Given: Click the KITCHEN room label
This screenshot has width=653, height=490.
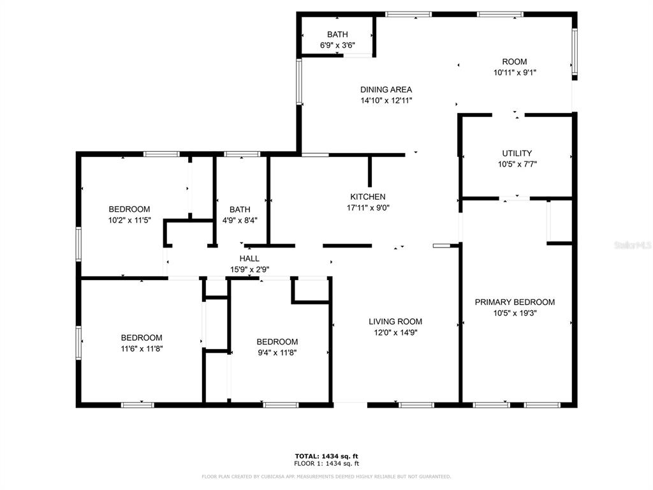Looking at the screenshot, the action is (x=368, y=197).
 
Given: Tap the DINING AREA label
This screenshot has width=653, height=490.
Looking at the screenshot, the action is (x=386, y=89).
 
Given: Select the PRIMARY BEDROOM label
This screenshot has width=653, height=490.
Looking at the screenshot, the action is (x=515, y=302).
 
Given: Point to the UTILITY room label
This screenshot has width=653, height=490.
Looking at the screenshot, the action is (x=517, y=153).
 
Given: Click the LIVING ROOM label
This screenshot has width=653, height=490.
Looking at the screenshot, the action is (x=395, y=322).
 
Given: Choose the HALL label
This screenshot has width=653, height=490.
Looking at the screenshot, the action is (x=249, y=259).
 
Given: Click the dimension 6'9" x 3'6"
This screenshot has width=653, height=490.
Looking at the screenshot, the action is (x=337, y=45).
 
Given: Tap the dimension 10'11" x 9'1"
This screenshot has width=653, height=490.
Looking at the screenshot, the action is (x=515, y=73).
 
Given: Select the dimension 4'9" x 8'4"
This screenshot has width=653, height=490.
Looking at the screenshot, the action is (x=240, y=220).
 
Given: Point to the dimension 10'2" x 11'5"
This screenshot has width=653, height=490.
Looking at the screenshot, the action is (x=129, y=220).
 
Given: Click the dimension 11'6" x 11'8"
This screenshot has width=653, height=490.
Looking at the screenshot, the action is (x=142, y=349).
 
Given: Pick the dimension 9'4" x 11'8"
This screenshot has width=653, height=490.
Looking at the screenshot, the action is (x=277, y=353).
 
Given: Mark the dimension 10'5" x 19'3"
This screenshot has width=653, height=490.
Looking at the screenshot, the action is (x=515, y=313).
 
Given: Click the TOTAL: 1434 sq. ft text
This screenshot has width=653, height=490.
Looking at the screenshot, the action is (x=326, y=456).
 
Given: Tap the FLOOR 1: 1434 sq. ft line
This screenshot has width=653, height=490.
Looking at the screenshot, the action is (x=326, y=463).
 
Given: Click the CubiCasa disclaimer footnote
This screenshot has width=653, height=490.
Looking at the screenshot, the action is (x=326, y=476).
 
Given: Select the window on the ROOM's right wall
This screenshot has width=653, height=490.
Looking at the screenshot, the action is (x=575, y=51).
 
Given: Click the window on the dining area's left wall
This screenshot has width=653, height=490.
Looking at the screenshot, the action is (x=299, y=81).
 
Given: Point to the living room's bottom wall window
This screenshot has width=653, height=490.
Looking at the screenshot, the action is (x=416, y=405).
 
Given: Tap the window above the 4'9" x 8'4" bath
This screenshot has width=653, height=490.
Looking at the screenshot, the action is (x=242, y=154).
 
